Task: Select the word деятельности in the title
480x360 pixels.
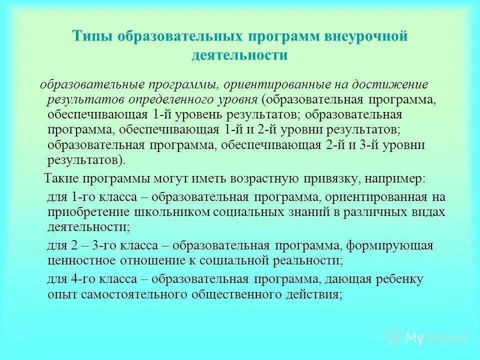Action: pos(239,54)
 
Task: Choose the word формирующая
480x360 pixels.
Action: pos(389,245)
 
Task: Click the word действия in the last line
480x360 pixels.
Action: pos(314,294)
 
